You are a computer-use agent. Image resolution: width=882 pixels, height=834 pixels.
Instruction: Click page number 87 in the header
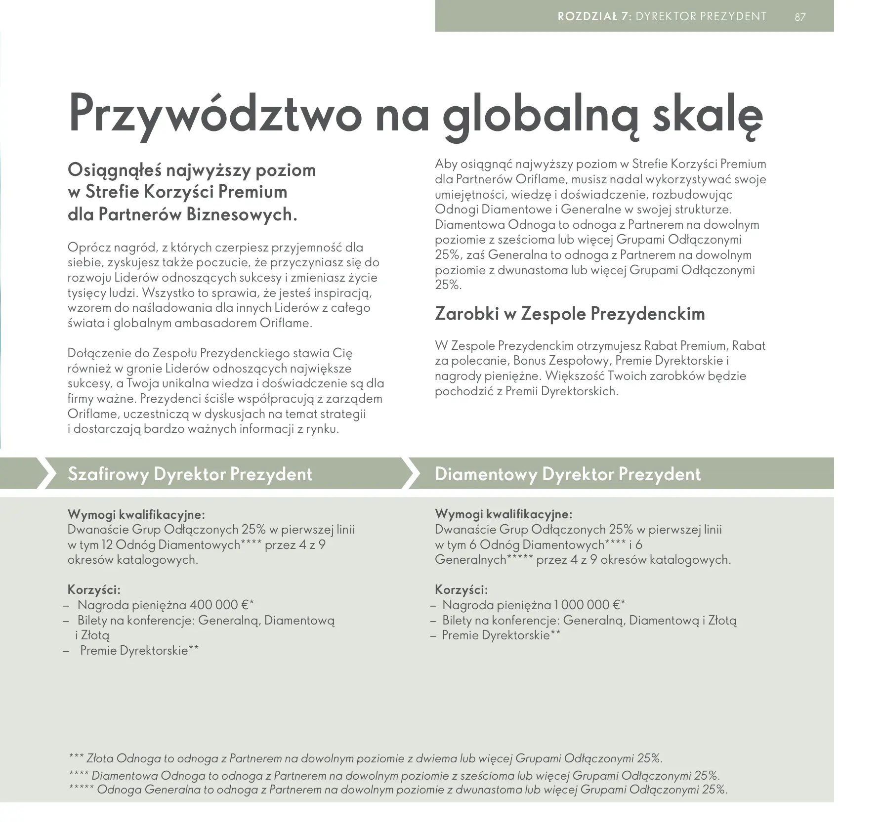(800, 17)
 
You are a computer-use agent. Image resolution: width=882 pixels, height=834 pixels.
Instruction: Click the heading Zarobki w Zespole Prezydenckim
(570, 314)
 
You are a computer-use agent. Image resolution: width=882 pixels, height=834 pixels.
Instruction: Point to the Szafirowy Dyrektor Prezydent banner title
(190, 474)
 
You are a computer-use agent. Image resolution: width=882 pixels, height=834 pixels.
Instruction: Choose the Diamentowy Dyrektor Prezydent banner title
(567, 474)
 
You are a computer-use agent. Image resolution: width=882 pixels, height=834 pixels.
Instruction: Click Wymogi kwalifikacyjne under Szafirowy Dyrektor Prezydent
(136, 514)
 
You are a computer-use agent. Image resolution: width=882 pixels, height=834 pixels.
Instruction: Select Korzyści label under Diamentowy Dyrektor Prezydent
(461, 589)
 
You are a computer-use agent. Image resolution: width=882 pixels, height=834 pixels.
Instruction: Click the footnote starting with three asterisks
(366, 758)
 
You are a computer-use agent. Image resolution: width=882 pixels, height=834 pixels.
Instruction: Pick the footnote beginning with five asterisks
(398, 789)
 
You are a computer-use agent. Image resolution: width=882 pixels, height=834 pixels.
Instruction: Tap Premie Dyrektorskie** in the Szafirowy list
(139, 650)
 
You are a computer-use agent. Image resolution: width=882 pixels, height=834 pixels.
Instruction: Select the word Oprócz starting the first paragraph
(88, 247)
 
